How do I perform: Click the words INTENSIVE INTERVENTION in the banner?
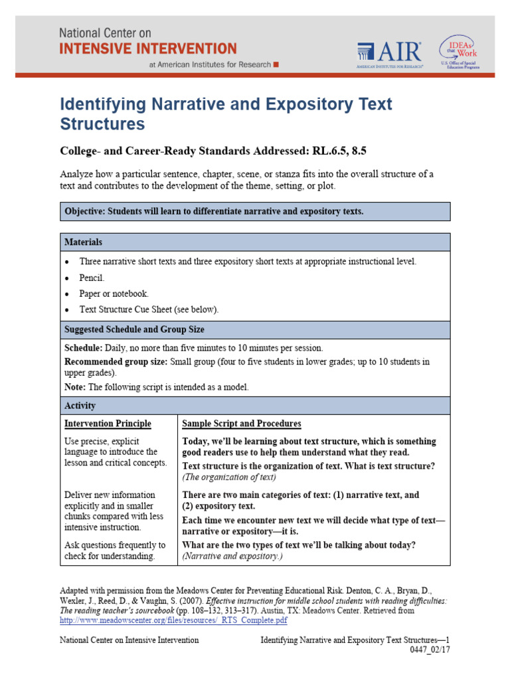[x=148, y=48]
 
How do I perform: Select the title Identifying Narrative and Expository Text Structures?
[x=226, y=114]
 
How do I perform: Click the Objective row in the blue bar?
[x=255, y=211]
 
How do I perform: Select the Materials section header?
[x=83, y=242]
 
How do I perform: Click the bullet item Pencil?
[x=92, y=278]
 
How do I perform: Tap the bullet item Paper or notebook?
[x=114, y=294]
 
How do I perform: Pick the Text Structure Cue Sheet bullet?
[x=148, y=309]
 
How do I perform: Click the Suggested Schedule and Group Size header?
[x=134, y=329]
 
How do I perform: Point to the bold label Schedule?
[x=83, y=348]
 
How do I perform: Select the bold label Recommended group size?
[x=116, y=362]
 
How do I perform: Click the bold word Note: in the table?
[x=75, y=387]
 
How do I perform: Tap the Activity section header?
[x=80, y=406]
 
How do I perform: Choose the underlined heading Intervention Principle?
[x=108, y=424]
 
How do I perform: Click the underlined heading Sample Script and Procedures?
[x=241, y=424]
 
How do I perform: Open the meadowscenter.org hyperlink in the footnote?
[x=173, y=620]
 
